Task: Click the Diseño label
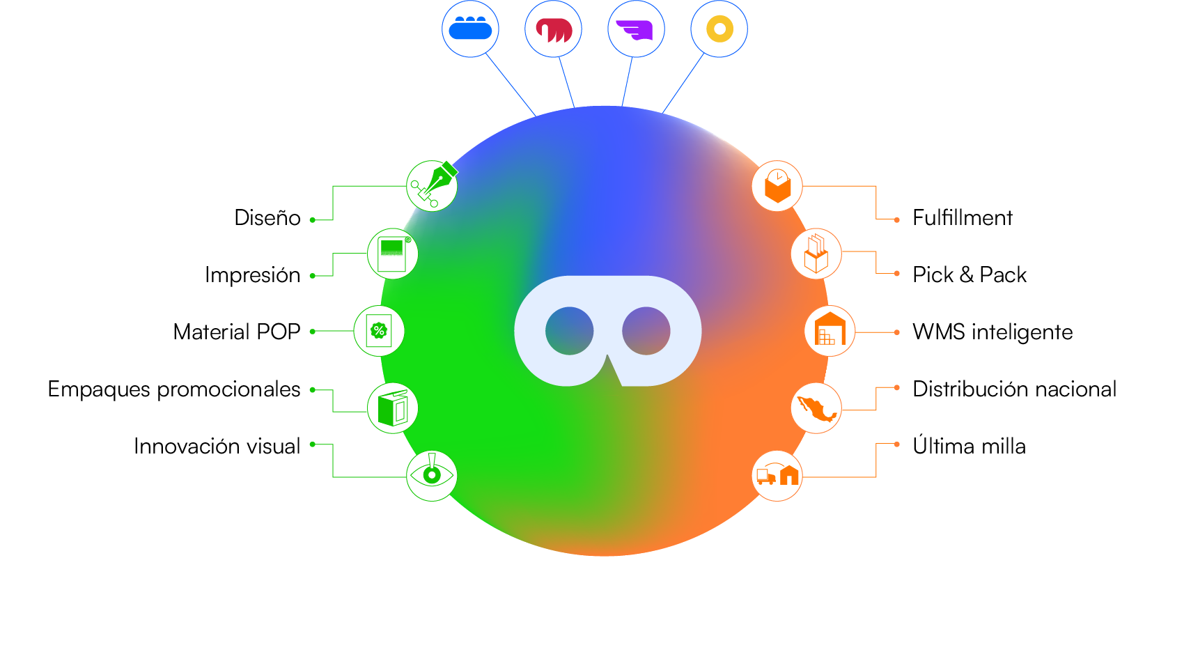click(267, 218)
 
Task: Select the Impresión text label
click(252, 275)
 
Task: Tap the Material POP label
click(236, 332)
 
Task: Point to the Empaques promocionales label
click(173, 389)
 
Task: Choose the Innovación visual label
click(217, 446)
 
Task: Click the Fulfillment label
click(962, 218)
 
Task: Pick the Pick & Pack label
click(969, 275)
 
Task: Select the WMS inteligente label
click(992, 332)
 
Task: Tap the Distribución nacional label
click(1014, 389)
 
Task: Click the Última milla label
click(969, 446)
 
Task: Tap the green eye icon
click(432, 476)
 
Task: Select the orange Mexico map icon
click(816, 408)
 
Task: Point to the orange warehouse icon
click(830, 331)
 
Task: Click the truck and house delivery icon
click(777, 476)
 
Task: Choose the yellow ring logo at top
click(719, 29)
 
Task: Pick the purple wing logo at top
click(636, 29)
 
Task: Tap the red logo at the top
click(553, 29)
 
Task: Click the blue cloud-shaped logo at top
click(470, 29)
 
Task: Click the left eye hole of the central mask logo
click(569, 331)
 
